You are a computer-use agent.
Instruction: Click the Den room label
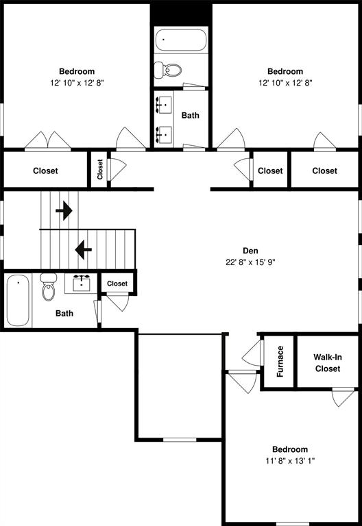[x=250, y=251]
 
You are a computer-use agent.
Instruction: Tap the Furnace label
[x=280, y=361]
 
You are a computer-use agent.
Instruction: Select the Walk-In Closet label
[x=327, y=362]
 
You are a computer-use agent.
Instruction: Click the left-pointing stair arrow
[x=84, y=250]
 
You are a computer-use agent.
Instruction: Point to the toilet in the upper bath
[x=167, y=70]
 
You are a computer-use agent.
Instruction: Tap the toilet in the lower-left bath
[x=48, y=288]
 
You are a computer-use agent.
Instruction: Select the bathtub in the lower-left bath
[x=19, y=300]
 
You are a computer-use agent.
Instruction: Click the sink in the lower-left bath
[x=82, y=282]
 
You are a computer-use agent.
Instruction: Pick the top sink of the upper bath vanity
[x=165, y=105]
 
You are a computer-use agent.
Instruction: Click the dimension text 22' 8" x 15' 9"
[x=250, y=262]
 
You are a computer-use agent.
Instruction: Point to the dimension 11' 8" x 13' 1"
[x=289, y=461]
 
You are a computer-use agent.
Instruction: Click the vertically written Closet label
[x=100, y=169]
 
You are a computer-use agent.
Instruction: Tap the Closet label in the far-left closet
[x=45, y=171]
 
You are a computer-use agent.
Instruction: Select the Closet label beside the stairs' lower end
[x=117, y=284]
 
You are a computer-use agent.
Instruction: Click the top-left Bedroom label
[x=77, y=71]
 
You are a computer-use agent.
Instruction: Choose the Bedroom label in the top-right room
[x=285, y=71]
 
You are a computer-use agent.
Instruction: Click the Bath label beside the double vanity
[x=191, y=115]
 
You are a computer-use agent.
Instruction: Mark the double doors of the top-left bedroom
[x=48, y=140]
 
